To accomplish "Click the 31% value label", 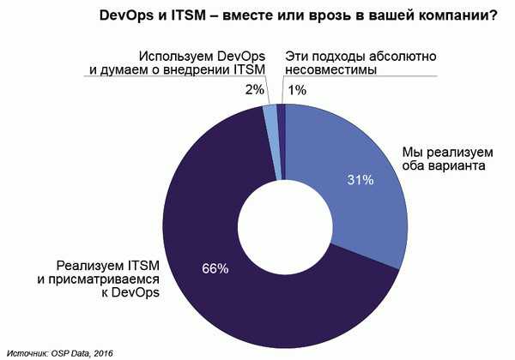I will [x=359, y=180].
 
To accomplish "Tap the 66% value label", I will [x=214, y=268].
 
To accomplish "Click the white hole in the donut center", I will [x=283, y=227].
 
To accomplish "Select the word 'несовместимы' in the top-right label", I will [x=328, y=69].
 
